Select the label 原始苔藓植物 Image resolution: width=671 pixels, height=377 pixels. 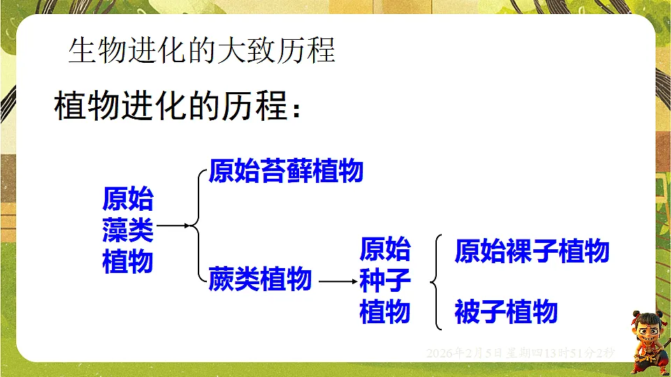pos(286,171)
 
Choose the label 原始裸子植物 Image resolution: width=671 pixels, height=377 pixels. pos(532,251)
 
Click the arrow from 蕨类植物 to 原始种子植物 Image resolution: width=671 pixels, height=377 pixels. pos(336,281)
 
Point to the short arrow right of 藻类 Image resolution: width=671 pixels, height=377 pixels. pos(173,226)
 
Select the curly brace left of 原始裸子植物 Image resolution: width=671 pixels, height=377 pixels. pos(438,282)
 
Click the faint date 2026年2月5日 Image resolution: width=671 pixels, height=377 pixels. pos(465,353)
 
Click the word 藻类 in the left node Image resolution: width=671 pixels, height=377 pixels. pos(128,230)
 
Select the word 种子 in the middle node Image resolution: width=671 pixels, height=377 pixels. pos(385,281)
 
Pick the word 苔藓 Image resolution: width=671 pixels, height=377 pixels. pos(286,171)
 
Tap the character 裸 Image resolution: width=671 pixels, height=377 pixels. pos(493,251)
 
